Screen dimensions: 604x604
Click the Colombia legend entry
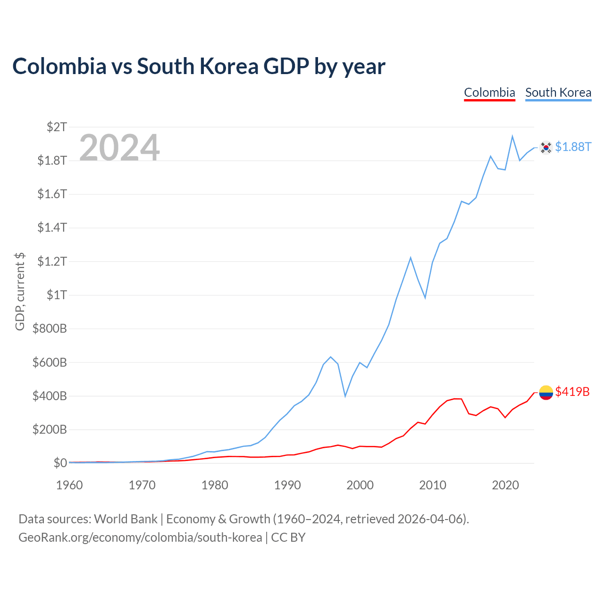coord(489,93)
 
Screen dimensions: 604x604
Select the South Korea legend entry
coord(558,93)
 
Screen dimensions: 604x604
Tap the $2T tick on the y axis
coord(57,127)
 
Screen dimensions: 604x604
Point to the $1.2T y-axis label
coord(52,261)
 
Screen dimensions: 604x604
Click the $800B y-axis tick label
coord(50,328)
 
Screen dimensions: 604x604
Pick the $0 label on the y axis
coord(60,463)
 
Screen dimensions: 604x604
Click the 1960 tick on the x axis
coord(69,485)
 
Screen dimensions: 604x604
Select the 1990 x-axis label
coord(287,485)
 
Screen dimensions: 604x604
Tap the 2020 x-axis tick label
coord(505,485)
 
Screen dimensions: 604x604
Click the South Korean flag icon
coord(545,147)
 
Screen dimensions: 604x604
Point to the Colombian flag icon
coord(545,393)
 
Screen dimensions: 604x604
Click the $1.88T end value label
coord(573,147)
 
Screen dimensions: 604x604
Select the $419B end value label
coord(572,392)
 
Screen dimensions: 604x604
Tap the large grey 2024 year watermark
coord(119,147)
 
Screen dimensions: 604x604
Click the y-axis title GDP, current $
coord(20,292)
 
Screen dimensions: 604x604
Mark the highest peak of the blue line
coord(512,136)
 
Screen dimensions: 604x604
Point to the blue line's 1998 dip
coord(345,396)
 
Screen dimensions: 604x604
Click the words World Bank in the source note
coord(126,519)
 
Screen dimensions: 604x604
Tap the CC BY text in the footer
coord(288,537)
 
